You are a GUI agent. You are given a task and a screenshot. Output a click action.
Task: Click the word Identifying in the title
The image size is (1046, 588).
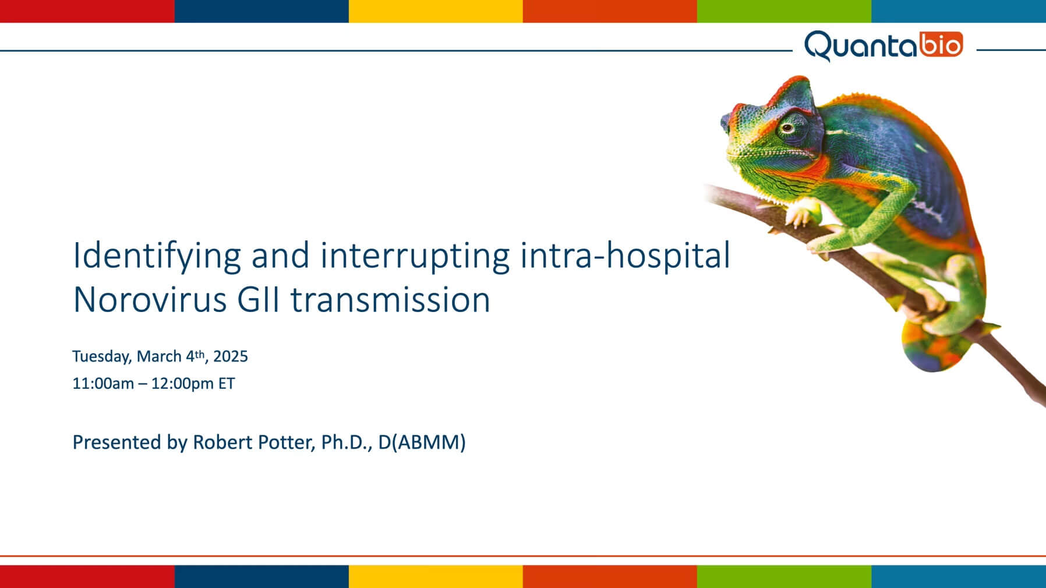click(x=157, y=256)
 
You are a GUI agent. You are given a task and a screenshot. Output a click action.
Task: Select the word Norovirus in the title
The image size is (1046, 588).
click(x=150, y=300)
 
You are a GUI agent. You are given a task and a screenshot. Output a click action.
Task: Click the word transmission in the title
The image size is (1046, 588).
click(x=390, y=300)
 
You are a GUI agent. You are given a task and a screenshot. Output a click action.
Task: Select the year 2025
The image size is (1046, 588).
click(x=231, y=356)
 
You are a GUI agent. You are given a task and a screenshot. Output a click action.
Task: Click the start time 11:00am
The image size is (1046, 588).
click(x=103, y=384)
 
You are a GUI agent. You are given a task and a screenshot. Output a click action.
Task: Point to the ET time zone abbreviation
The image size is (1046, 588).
click(x=227, y=384)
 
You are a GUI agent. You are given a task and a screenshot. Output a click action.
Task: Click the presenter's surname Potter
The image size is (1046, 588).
click(x=285, y=442)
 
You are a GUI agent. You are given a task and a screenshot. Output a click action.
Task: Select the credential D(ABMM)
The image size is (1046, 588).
click(x=422, y=442)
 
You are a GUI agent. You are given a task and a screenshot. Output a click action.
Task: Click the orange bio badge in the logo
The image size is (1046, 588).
click(x=941, y=45)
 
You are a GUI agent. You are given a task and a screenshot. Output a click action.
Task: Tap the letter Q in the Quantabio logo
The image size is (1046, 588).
click(x=818, y=46)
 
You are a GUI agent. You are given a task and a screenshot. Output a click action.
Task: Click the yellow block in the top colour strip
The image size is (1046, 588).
click(x=436, y=11)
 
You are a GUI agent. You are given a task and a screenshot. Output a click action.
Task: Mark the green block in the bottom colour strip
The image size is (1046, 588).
click(x=784, y=576)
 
